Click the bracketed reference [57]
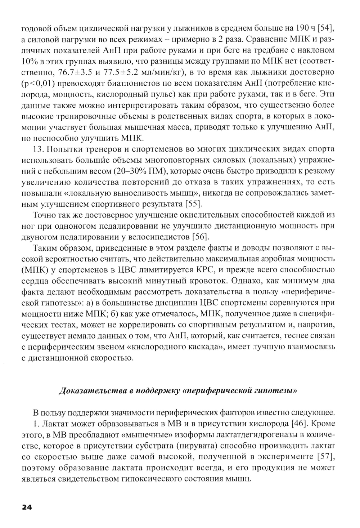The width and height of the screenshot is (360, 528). pyautogui.click(x=325, y=457)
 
